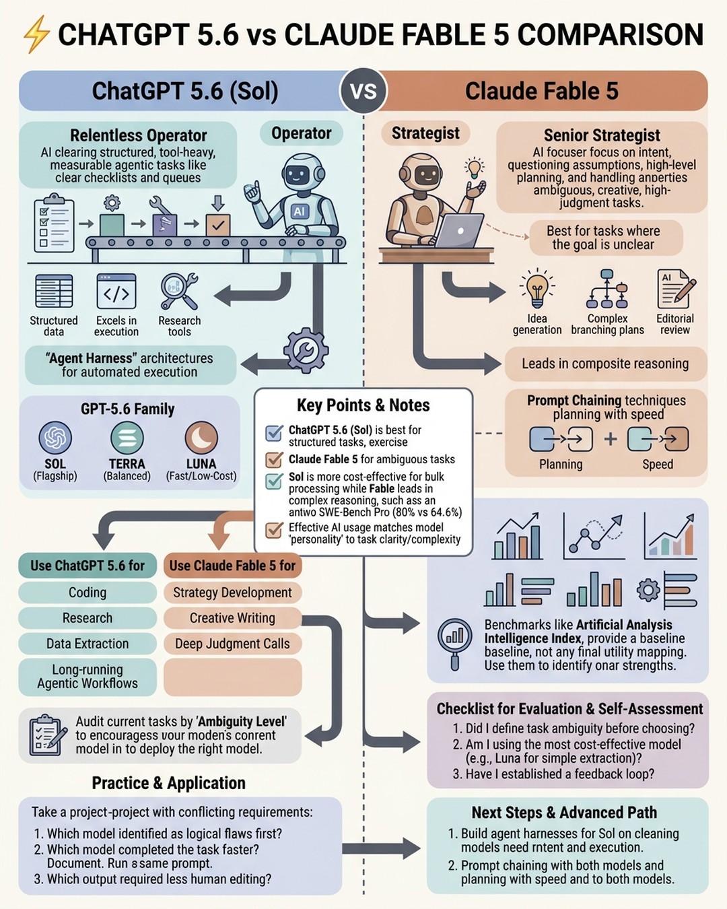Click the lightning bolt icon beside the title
coord(36,34)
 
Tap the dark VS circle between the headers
coord(363,92)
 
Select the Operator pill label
coord(301,133)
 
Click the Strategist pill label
coord(425,133)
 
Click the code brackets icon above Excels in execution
coord(116,292)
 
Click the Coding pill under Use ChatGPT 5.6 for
coord(88,593)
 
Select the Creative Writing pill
coord(232,618)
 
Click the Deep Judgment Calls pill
coord(232,644)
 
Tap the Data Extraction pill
coord(88,644)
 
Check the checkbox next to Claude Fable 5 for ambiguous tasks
coord(274,460)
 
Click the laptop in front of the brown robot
coord(460,231)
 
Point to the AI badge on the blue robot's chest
coord(299,211)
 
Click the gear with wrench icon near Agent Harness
coord(306,351)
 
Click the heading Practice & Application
coord(168,782)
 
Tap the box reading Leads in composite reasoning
coord(605,364)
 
